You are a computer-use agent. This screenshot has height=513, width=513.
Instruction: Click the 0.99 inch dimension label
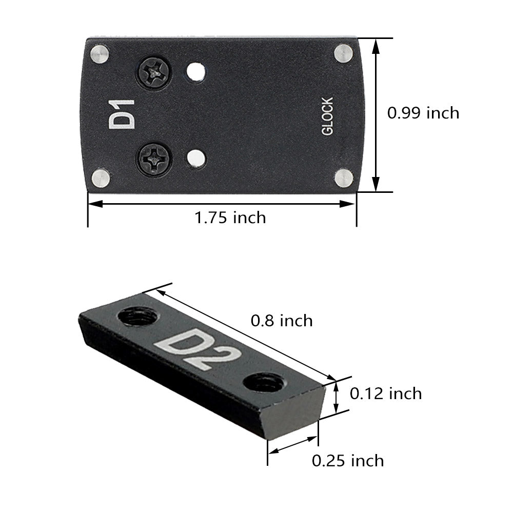pyautogui.click(x=423, y=113)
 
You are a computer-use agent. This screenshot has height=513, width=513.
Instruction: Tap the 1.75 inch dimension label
pyautogui.click(x=230, y=218)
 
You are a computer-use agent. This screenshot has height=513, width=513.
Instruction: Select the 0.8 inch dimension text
pyautogui.click(x=282, y=321)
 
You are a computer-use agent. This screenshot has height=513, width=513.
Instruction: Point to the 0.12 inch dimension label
pyautogui.click(x=386, y=393)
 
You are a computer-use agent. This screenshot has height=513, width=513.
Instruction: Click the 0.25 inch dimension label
pyautogui.click(x=348, y=461)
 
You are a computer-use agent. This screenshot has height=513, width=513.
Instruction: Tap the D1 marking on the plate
pyautogui.click(x=122, y=114)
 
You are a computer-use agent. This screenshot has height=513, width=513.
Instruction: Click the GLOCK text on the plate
pyautogui.click(x=327, y=116)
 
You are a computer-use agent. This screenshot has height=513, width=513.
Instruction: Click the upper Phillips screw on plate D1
pyautogui.click(x=153, y=72)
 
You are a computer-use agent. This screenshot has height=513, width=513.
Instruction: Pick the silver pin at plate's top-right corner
pyautogui.click(x=343, y=52)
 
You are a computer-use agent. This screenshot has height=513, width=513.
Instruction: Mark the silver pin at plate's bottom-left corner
pyautogui.click(x=101, y=178)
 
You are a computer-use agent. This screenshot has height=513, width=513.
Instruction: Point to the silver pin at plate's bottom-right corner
pyautogui.click(x=344, y=177)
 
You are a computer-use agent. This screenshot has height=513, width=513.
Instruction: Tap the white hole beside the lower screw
pyautogui.click(x=194, y=159)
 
